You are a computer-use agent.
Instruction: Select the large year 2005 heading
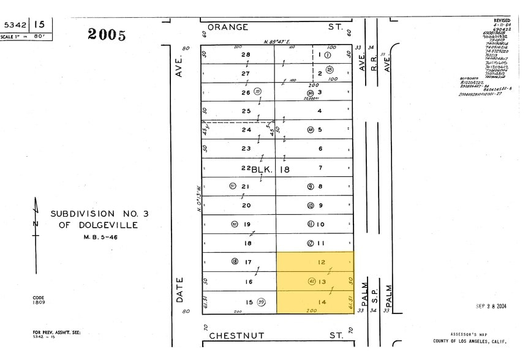(107, 34)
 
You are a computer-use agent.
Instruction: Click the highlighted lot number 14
(321, 302)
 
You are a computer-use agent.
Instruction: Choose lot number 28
(246, 54)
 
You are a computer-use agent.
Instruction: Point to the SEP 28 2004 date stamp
(490, 306)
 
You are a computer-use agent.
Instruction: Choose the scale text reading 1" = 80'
(26, 37)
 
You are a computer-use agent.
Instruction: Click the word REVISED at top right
(502, 20)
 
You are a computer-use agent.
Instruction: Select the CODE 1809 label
(39, 300)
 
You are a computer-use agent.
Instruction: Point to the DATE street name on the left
(180, 289)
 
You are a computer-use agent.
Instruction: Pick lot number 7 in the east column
(320, 167)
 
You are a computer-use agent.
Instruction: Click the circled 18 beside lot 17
(234, 261)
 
